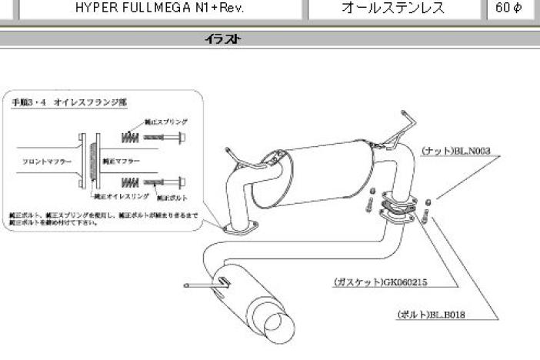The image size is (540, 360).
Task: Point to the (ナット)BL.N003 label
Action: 455,152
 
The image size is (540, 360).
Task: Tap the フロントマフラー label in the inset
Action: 42,162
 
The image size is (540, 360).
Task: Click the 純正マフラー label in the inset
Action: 121,162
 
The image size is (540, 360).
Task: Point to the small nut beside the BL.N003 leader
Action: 428,201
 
